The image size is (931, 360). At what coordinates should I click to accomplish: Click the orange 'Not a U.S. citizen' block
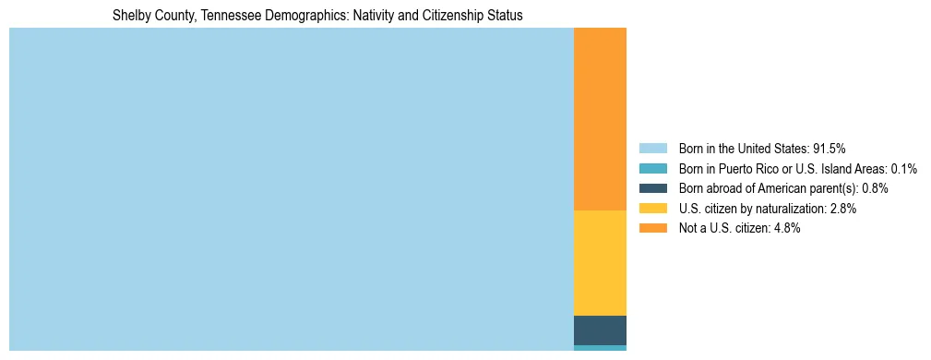[600, 119]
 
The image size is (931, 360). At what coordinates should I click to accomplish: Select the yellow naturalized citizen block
[600, 263]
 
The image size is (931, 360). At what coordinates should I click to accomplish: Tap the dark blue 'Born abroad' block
[600, 330]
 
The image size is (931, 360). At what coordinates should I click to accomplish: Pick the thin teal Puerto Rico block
[600, 348]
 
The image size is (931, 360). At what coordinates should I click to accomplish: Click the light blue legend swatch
[652, 148]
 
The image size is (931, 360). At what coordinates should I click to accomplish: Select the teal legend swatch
[652, 168]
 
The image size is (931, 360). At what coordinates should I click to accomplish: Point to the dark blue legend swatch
[652, 188]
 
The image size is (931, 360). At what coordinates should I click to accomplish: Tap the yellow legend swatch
[652, 209]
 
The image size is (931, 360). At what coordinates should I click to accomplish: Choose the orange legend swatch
[652, 228]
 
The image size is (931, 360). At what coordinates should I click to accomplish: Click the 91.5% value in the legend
[829, 148]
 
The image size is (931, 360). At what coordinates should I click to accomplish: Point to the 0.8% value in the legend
[875, 188]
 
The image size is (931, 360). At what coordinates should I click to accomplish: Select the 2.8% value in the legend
[842, 209]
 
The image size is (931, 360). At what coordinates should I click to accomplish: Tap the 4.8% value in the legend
[786, 228]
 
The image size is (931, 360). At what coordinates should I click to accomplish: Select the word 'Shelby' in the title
[130, 16]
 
